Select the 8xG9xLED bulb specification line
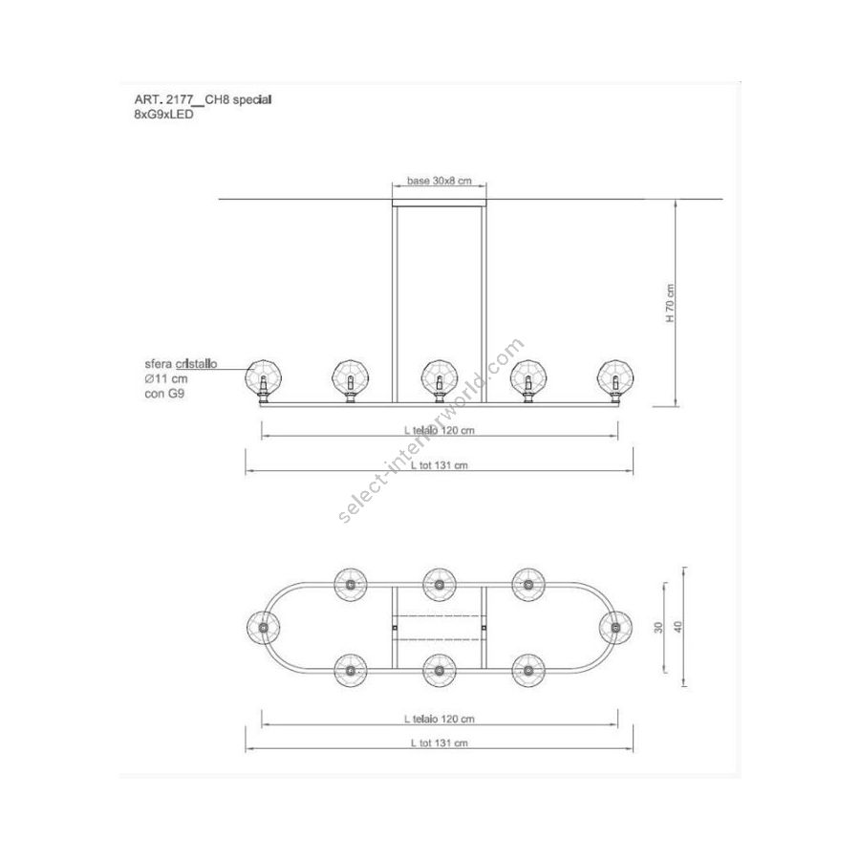[164, 115]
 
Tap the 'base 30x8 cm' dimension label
[440, 181]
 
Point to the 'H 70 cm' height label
[671, 302]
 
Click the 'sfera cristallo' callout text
[181, 364]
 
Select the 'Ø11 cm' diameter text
[166, 378]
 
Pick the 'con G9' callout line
[164, 394]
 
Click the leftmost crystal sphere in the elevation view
[264, 376]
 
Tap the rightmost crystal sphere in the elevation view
[615, 376]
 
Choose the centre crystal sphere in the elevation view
[439, 376]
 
